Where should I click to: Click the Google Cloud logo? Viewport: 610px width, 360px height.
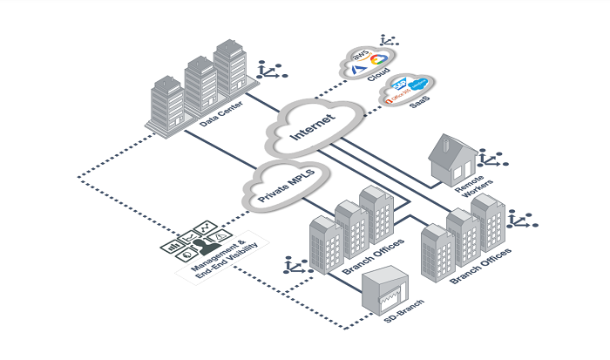coord(377,59)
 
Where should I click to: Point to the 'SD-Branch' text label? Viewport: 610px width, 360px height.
coord(403,326)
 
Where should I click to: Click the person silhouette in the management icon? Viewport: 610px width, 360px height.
coord(194,247)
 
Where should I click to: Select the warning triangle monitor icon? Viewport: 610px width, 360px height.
coord(220,233)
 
